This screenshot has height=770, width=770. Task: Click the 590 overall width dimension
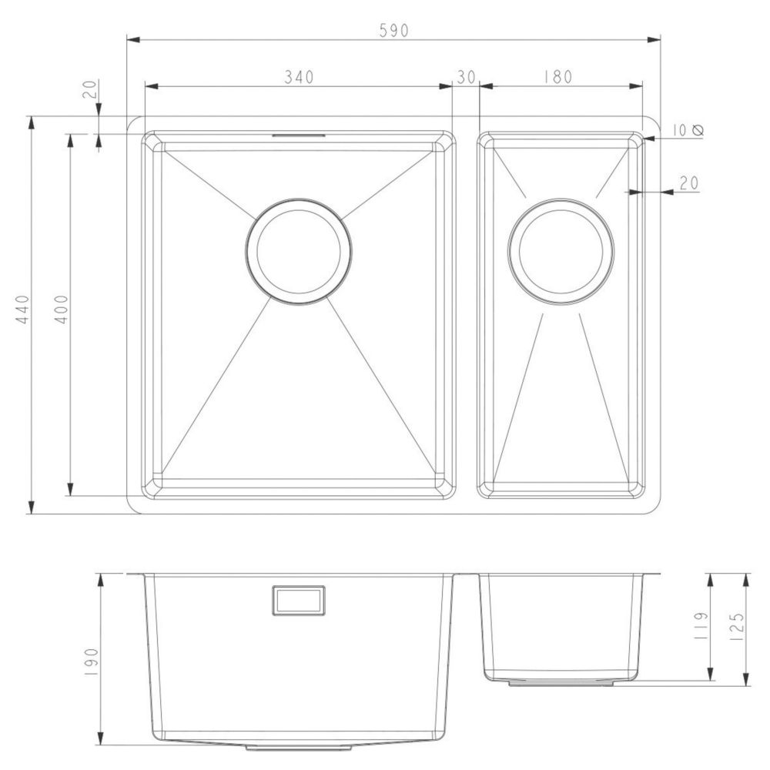coord(393,31)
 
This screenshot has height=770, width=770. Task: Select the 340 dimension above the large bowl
coord(299,77)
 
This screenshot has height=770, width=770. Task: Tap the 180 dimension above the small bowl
coord(557,77)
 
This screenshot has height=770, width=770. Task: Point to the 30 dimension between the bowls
coord(466,77)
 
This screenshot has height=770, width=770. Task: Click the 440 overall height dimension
coord(22,309)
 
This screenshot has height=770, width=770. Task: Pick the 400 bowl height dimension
coord(61,309)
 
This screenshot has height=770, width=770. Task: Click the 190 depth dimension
coord(92,663)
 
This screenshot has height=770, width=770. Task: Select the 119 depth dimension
coord(701,624)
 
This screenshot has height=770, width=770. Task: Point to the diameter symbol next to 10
coord(698,130)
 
